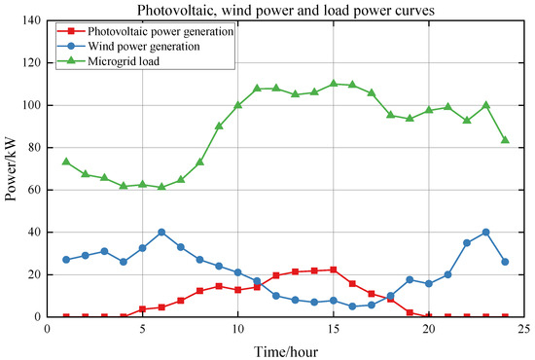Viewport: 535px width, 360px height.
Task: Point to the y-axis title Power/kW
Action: pyautogui.click(x=12, y=168)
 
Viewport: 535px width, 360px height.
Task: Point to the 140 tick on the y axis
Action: pyautogui.click(x=30, y=20)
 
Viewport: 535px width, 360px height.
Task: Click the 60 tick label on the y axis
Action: pyautogui.click(x=33, y=190)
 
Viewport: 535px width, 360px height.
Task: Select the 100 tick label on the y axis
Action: pyautogui.click(x=30, y=105)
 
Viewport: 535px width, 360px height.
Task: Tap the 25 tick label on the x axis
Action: pyautogui.click(x=523, y=330)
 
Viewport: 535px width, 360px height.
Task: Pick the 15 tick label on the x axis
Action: pyautogui.click(x=333, y=330)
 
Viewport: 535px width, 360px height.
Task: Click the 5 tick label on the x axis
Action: pyautogui.click(x=142, y=330)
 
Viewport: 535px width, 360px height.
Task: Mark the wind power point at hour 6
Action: pyautogui.click(x=161, y=233)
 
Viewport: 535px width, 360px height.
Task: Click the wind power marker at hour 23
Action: pyautogui.click(x=485, y=233)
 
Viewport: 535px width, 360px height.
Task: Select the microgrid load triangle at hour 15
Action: pyautogui.click(x=333, y=84)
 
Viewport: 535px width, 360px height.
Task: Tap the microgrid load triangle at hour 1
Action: pyautogui.click(x=66, y=162)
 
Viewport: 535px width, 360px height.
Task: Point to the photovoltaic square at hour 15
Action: pyautogui.click(x=333, y=270)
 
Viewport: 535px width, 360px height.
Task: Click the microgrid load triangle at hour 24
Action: pyautogui.click(x=505, y=140)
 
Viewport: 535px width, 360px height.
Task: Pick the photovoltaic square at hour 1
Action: pyautogui.click(x=66, y=316)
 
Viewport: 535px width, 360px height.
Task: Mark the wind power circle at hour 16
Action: pyautogui.click(x=352, y=306)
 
